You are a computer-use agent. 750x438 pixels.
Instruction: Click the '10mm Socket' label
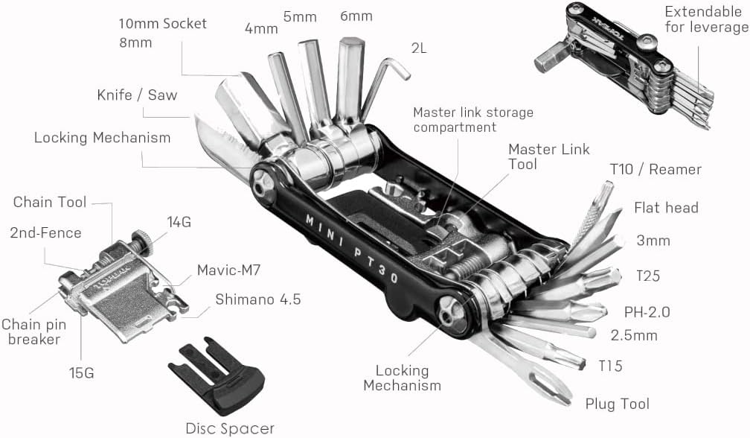(x=162, y=23)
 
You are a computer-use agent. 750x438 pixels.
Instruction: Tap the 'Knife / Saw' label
(x=137, y=95)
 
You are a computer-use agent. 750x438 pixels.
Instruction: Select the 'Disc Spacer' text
(x=230, y=428)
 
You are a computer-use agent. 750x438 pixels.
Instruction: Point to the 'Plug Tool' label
(x=617, y=404)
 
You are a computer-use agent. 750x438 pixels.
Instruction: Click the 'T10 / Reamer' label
(x=655, y=170)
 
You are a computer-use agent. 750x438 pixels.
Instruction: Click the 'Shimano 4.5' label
(x=258, y=299)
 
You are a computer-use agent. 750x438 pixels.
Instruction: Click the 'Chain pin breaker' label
(x=31, y=331)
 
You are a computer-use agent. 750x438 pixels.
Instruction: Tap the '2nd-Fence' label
(x=45, y=233)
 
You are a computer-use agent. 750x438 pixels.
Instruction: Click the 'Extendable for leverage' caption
(x=706, y=20)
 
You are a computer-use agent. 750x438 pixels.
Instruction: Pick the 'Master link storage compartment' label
(x=472, y=120)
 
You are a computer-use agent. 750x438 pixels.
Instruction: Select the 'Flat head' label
(x=666, y=208)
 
